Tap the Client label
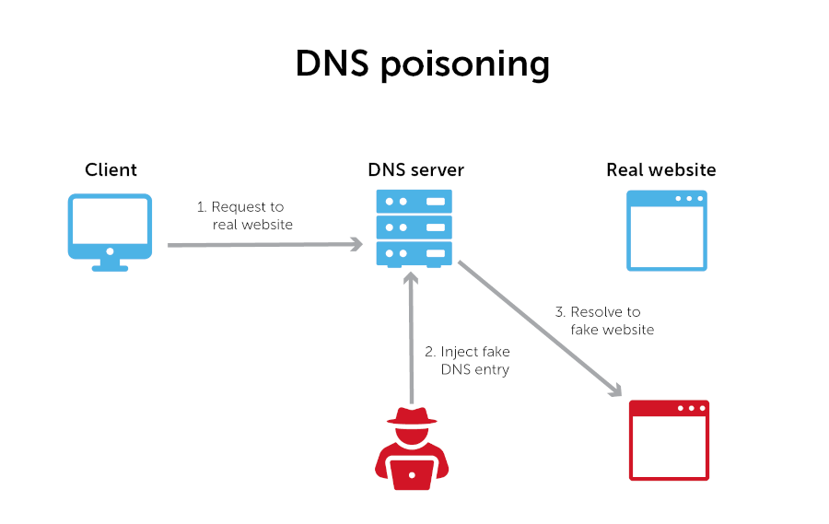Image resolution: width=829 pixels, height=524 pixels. pyautogui.click(x=111, y=170)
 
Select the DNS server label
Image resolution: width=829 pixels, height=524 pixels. pyautogui.click(x=415, y=170)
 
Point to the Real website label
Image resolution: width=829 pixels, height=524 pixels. pyautogui.click(x=660, y=170)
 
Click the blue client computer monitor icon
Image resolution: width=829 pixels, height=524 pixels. pyautogui.click(x=111, y=225)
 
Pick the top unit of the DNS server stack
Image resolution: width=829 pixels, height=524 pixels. pyautogui.click(x=414, y=201)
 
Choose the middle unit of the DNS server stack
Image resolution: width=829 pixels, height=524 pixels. pyautogui.click(x=414, y=227)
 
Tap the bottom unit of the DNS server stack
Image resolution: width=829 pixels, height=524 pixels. pyautogui.click(x=414, y=252)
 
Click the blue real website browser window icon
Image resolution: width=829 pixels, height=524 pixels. pyautogui.click(x=667, y=230)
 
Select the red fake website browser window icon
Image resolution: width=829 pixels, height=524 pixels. pyautogui.click(x=669, y=440)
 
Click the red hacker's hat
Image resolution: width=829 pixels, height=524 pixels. pyautogui.click(x=412, y=415)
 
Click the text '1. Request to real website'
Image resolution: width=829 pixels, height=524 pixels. pyautogui.click(x=244, y=216)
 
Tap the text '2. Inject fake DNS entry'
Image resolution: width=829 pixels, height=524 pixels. pyautogui.click(x=467, y=360)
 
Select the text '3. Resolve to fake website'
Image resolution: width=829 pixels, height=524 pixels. pyautogui.click(x=604, y=320)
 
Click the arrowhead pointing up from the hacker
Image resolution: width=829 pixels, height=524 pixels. pyautogui.click(x=412, y=278)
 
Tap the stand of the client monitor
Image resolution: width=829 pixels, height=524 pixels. pyautogui.click(x=111, y=263)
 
